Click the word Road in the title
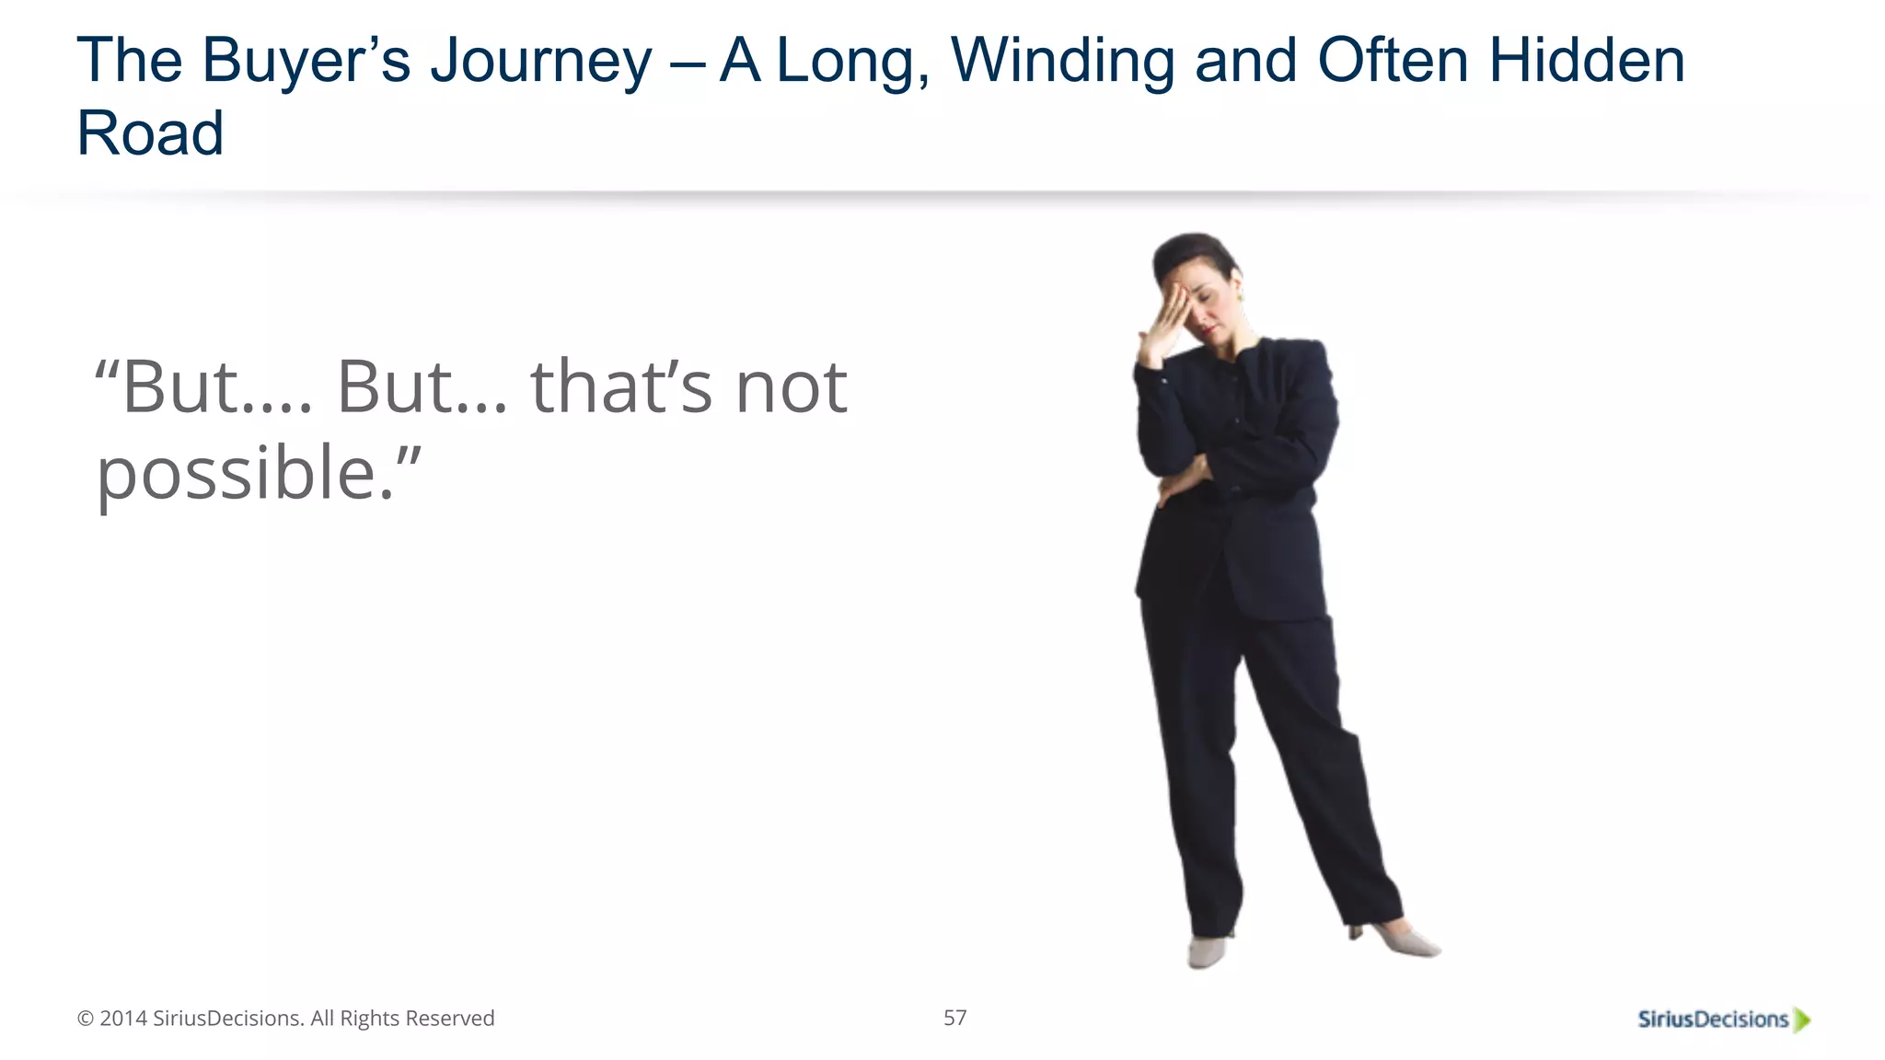tap(150, 133)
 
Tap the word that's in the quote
tap(621, 387)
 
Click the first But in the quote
tap(181, 387)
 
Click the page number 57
tap(954, 1018)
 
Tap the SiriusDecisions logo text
tap(1712, 1019)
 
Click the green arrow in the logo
tap(1802, 1020)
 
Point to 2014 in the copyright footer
tap(122, 1019)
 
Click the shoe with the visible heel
tap(1399, 940)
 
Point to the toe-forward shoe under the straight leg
tap(1206, 951)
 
